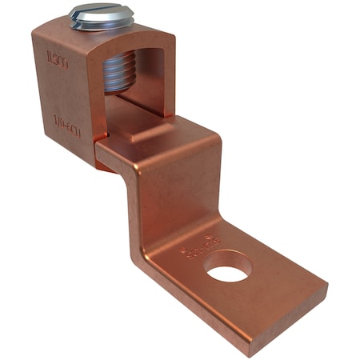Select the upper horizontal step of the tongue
[172, 144]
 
